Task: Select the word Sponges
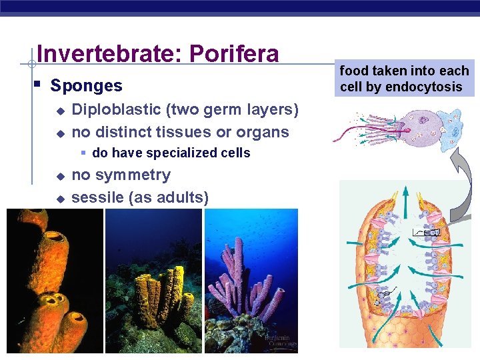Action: [87, 86]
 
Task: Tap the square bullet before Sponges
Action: [37, 85]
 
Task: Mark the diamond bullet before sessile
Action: [59, 199]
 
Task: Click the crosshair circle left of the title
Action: [31, 65]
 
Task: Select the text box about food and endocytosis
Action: [405, 79]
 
